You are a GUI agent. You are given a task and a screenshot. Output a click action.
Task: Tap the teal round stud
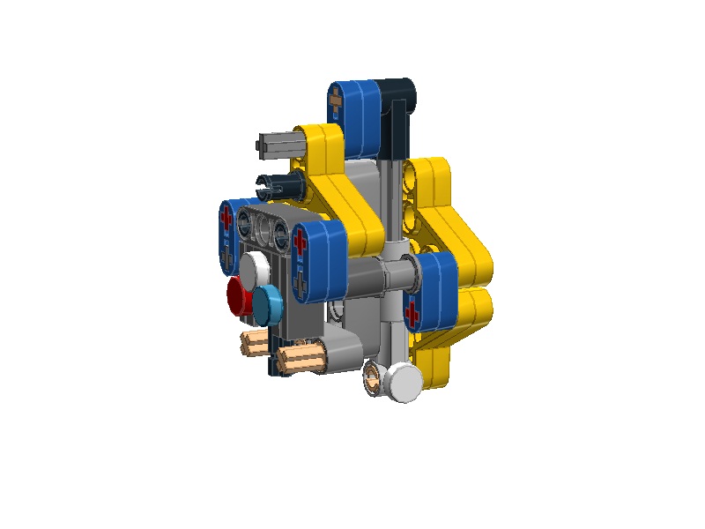[x=270, y=302]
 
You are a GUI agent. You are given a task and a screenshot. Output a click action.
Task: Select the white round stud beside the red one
[x=256, y=266]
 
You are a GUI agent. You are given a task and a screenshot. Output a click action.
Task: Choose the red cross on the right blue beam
[x=412, y=311]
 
